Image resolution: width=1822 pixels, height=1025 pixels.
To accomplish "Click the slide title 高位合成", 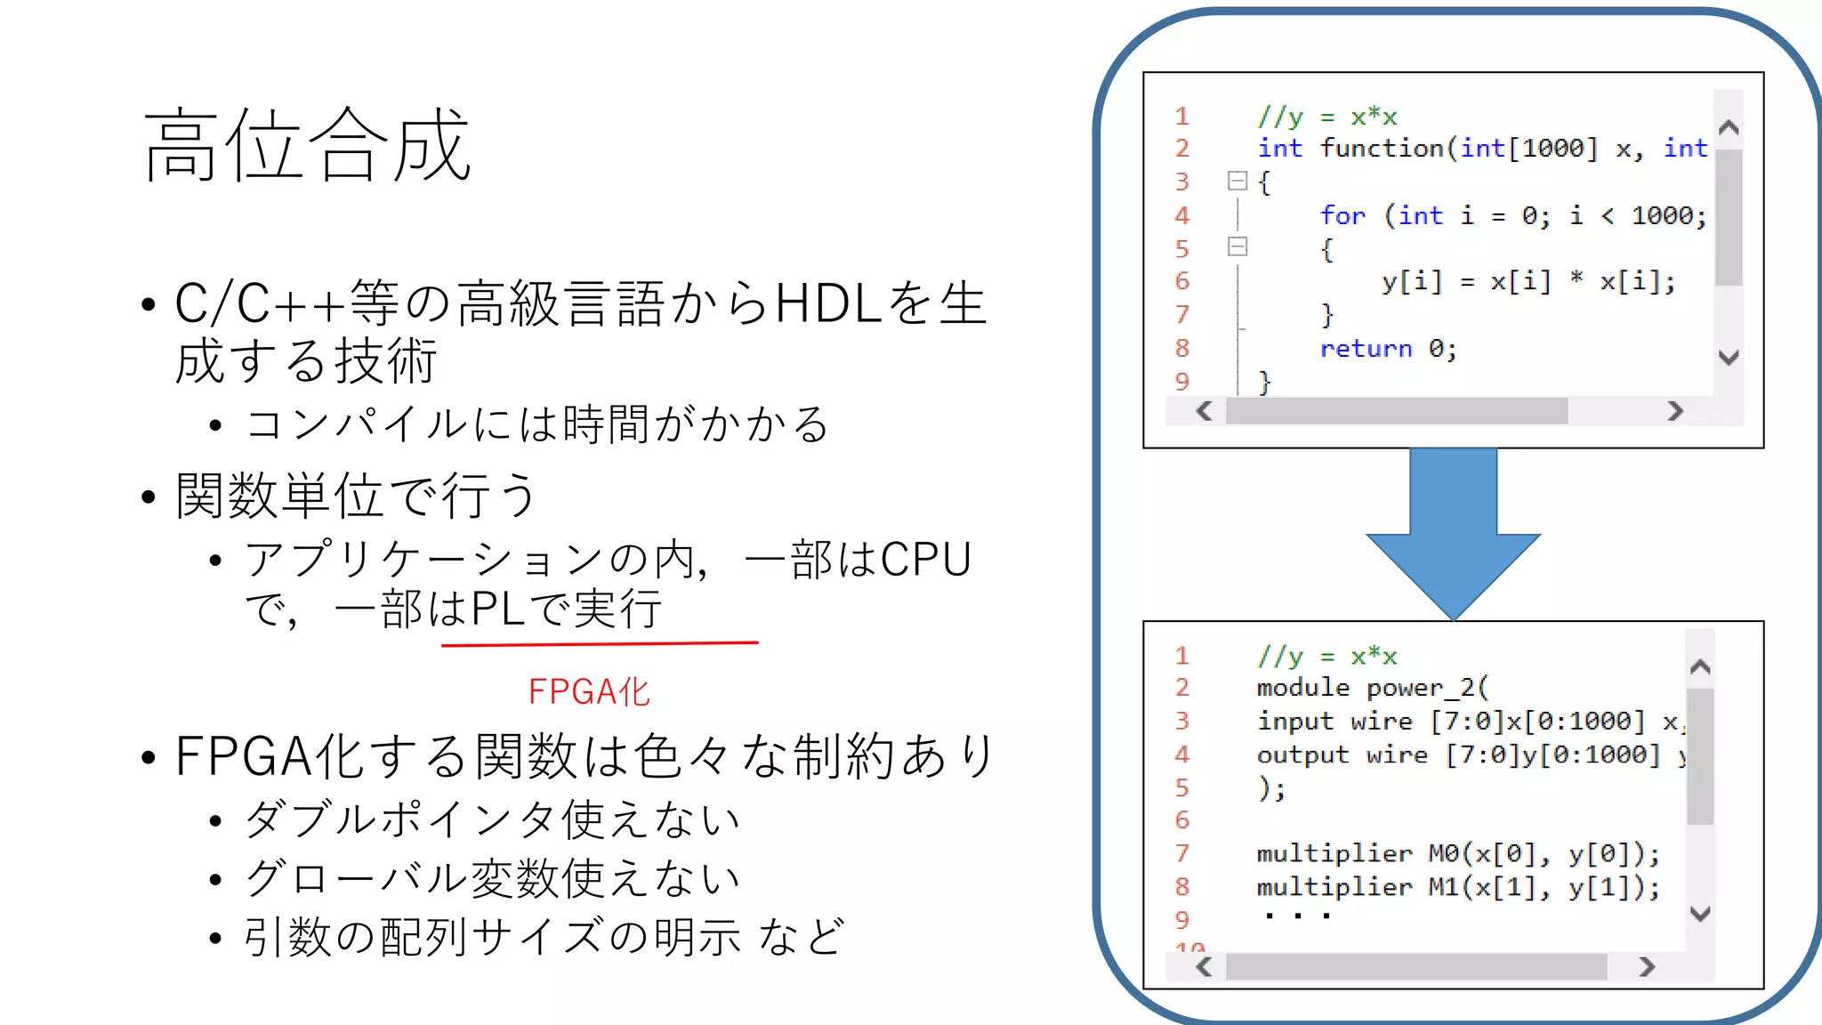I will pos(307,145).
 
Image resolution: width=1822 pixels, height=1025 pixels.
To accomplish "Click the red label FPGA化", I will pos(589,691).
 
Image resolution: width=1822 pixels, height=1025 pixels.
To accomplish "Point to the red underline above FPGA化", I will pos(600,642).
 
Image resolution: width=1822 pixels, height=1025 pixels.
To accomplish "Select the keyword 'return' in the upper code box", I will pos(1366,349).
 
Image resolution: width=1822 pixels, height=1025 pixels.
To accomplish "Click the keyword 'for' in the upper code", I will pos(1342,215).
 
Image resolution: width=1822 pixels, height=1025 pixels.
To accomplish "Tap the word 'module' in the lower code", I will pos(1302,688).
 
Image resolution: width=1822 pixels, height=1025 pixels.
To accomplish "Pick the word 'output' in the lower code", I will pos(1302,755).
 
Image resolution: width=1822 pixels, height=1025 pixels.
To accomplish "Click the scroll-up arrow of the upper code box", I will pos(1729,128).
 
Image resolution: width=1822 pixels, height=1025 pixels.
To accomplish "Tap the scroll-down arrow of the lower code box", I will pos(1700,914).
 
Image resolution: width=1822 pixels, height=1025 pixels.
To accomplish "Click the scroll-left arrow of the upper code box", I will pos(1205,411).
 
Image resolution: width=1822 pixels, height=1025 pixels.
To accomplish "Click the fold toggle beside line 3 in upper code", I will pos(1237,182).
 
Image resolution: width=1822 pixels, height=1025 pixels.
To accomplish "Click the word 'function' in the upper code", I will pos(1381,149).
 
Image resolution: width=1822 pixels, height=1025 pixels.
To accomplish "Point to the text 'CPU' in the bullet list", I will pos(926,560).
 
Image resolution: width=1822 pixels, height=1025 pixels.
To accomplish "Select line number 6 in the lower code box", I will pos(1181,819).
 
